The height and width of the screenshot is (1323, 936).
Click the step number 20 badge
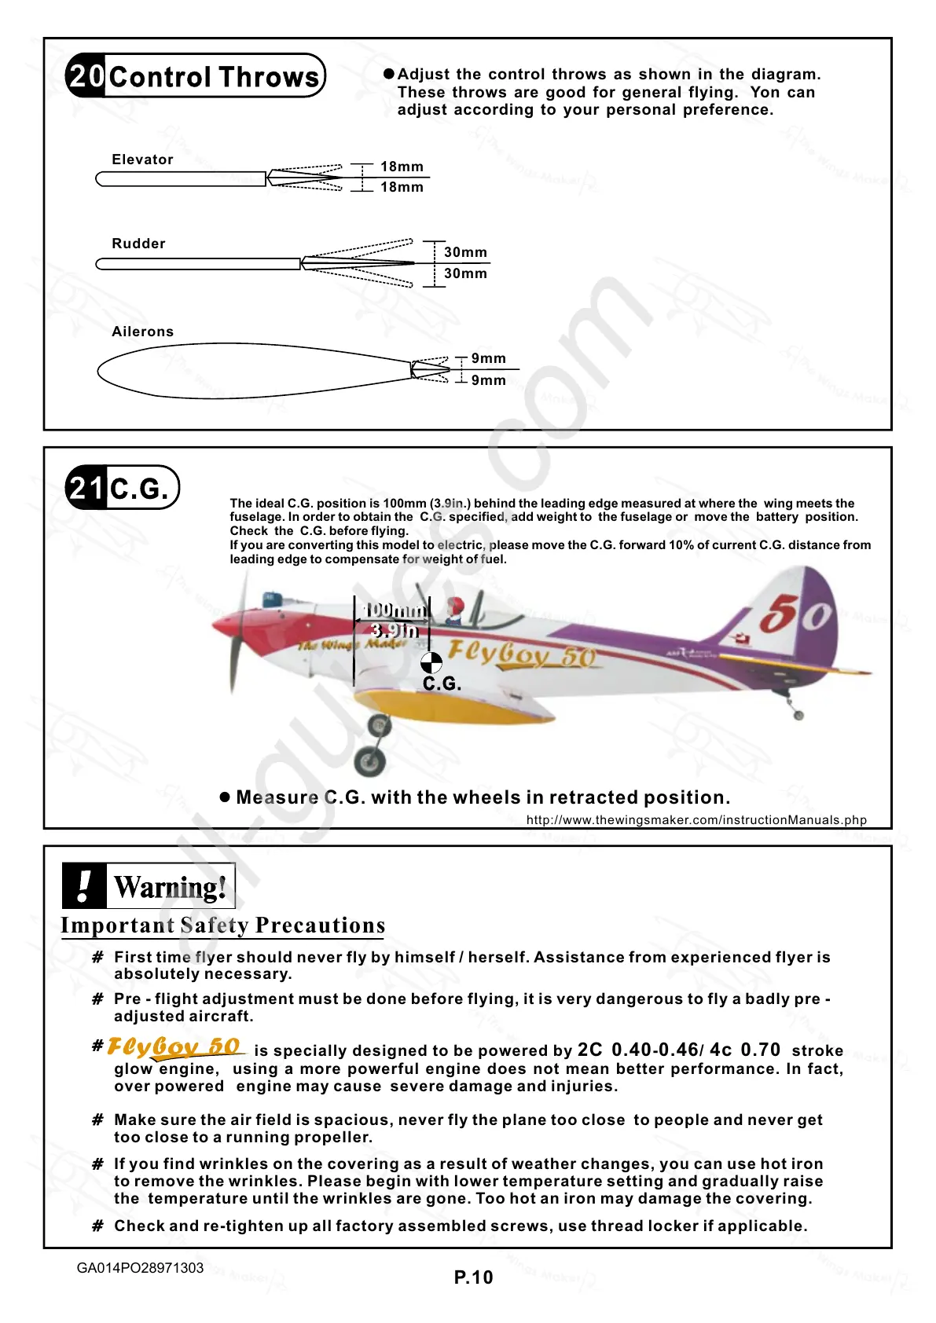point(86,76)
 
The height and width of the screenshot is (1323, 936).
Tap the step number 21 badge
point(86,488)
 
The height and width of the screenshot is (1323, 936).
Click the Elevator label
point(142,159)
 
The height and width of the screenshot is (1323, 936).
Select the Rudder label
point(138,244)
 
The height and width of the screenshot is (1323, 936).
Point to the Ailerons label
point(142,332)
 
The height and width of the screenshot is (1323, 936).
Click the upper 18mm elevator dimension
point(402,167)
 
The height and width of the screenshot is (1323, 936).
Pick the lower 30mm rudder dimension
point(465,273)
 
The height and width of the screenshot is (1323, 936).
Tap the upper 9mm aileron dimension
point(488,358)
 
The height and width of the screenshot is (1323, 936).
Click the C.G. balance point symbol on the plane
point(431,662)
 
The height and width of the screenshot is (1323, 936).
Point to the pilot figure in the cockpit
point(455,610)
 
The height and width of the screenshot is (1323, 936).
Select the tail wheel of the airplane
point(798,715)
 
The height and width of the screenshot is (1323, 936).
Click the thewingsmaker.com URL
point(696,820)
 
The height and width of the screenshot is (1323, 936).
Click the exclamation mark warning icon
point(84,885)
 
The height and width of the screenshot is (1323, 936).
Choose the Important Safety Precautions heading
point(223,925)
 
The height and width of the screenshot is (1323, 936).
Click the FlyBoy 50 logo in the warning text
point(174,1047)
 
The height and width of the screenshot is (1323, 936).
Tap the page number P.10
point(473,1277)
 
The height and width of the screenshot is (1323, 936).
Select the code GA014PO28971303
point(140,1268)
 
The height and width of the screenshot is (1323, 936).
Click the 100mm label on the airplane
point(395,610)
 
